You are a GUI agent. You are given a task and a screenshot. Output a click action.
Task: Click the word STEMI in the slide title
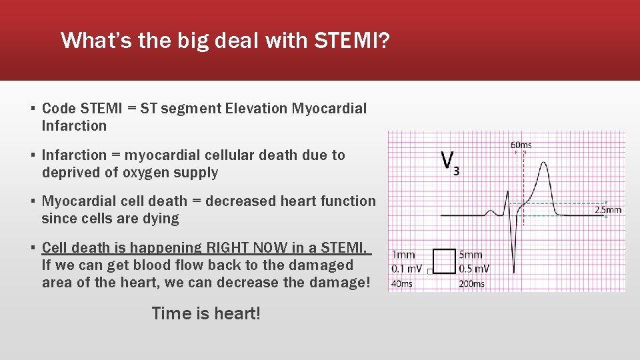[346, 41]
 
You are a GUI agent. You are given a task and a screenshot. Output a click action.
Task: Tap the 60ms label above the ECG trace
[521, 145]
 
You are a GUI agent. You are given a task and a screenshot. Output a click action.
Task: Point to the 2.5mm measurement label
[607, 209]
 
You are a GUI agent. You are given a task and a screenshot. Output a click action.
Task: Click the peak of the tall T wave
[545, 163]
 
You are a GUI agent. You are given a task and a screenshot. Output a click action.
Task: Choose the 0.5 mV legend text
[474, 269]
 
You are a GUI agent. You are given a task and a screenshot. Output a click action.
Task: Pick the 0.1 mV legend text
[406, 269]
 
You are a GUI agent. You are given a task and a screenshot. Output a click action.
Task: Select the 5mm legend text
[471, 255]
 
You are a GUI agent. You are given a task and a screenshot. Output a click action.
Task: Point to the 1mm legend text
[404, 255]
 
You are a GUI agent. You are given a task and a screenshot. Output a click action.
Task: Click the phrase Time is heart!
[206, 313]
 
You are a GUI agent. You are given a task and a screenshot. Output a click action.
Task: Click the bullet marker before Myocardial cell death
[33, 201]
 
